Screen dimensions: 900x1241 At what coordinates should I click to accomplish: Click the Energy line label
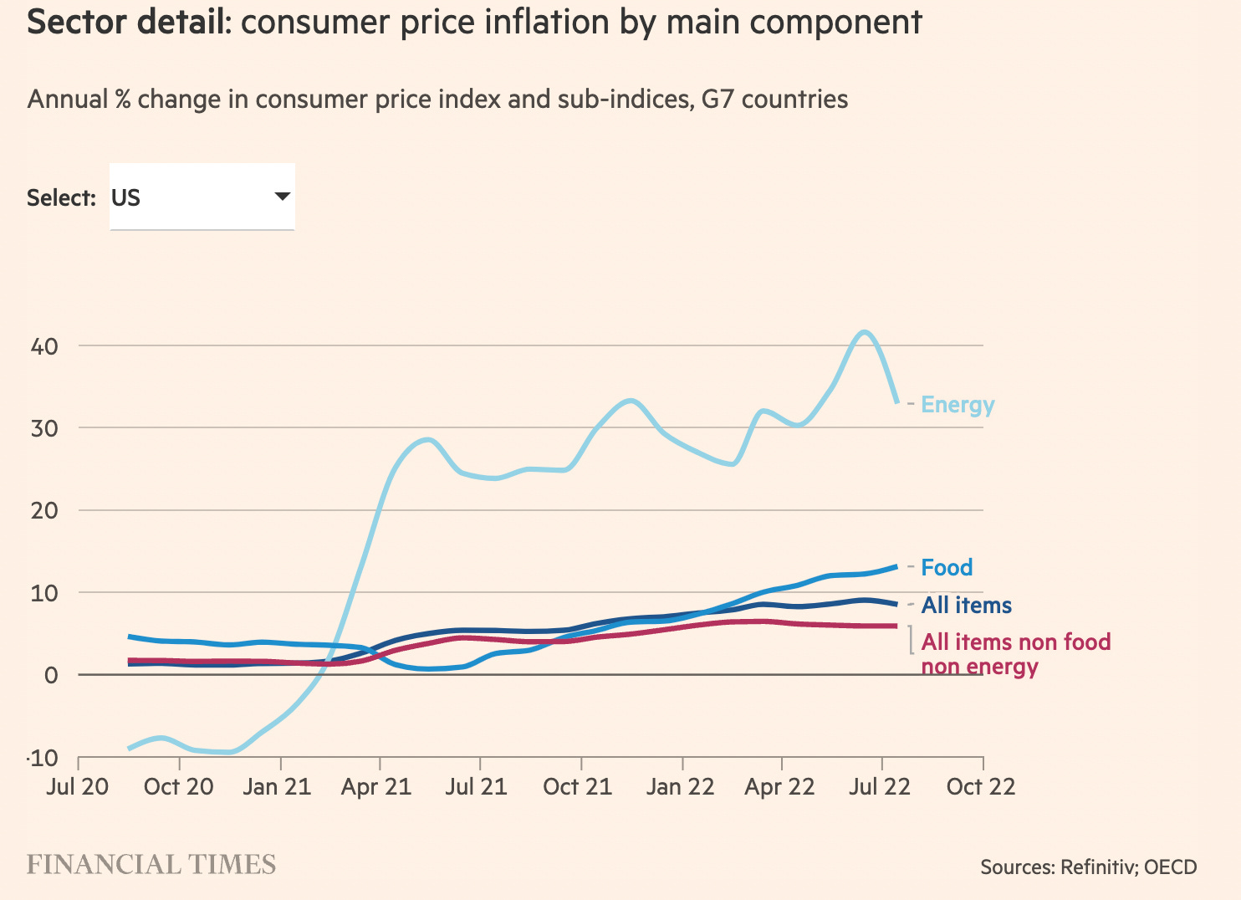[958, 405]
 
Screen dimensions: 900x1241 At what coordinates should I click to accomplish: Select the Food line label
[947, 568]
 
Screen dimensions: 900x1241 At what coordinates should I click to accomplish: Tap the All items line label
[967, 606]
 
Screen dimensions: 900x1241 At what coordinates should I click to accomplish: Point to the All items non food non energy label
[1015, 654]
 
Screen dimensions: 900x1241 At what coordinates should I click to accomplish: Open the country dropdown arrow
[283, 197]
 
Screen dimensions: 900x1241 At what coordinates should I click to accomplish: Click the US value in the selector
[126, 198]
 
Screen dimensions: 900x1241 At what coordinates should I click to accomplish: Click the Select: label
[61, 198]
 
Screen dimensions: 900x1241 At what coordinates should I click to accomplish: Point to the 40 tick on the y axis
[44, 346]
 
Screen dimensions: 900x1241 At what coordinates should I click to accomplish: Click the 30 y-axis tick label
[44, 428]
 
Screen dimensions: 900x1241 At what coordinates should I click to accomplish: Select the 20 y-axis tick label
[44, 510]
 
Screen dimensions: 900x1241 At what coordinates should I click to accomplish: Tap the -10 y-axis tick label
[43, 759]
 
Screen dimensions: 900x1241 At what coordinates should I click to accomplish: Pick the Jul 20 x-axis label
[78, 787]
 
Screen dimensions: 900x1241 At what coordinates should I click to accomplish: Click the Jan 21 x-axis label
[277, 787]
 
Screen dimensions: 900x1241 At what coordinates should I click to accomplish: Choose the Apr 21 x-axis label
[377, 787]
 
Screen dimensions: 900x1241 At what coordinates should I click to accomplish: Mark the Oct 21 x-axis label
[578, 787]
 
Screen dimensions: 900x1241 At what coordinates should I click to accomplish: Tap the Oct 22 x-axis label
[981, 787]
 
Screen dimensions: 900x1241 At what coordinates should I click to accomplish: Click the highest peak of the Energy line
[865, 333]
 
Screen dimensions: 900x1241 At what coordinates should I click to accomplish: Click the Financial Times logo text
[151, 865]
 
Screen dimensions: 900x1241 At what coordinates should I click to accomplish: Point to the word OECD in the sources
[1170, 867]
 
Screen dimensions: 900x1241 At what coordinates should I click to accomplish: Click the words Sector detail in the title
[128, 23]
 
